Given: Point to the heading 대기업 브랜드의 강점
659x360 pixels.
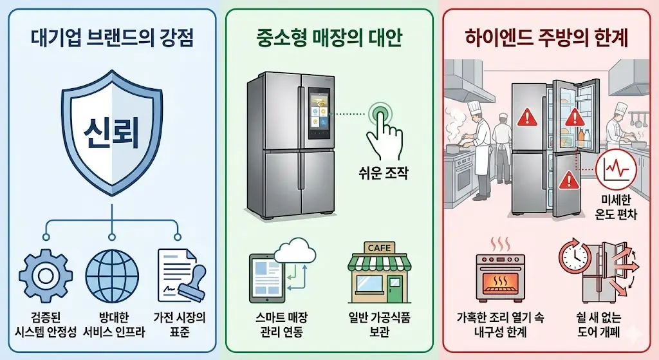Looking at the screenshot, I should (x=112, y=36).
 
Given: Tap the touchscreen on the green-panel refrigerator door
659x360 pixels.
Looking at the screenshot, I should (x=318, y=115).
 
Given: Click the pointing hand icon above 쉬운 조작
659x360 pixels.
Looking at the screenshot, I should (x=383, y=129).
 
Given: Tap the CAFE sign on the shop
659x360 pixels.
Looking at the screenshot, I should (x=379, y=248).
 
